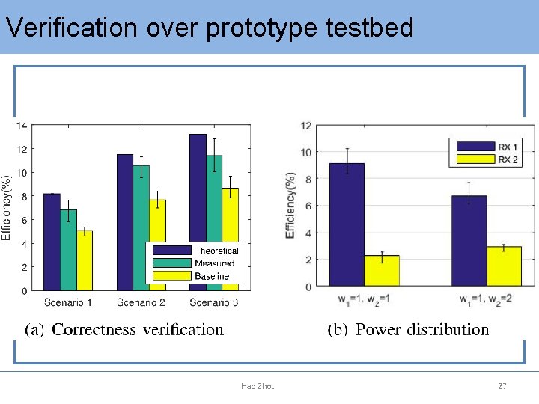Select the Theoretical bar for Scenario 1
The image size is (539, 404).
[x=52, y=242]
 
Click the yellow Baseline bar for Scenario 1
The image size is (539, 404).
[x=85, y=260]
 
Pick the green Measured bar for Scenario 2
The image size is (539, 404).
[x=141, y=227]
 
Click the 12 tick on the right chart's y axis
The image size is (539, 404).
[x=305, y=125]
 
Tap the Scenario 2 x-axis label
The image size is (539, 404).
[x=141, y=302]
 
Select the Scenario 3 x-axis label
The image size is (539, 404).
[x=214, y=302]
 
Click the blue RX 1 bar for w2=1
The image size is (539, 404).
[x=347, y=224]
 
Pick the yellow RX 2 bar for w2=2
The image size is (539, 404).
[x=504, y=266]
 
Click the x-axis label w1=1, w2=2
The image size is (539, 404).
[x=487, y=299]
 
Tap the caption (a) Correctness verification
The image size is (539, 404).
[x=124, y=329]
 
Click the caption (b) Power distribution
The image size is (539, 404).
[x=408, y=329]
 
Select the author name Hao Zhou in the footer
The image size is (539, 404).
[x=258, y=386]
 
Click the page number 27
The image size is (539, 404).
[x=502, y=386]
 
